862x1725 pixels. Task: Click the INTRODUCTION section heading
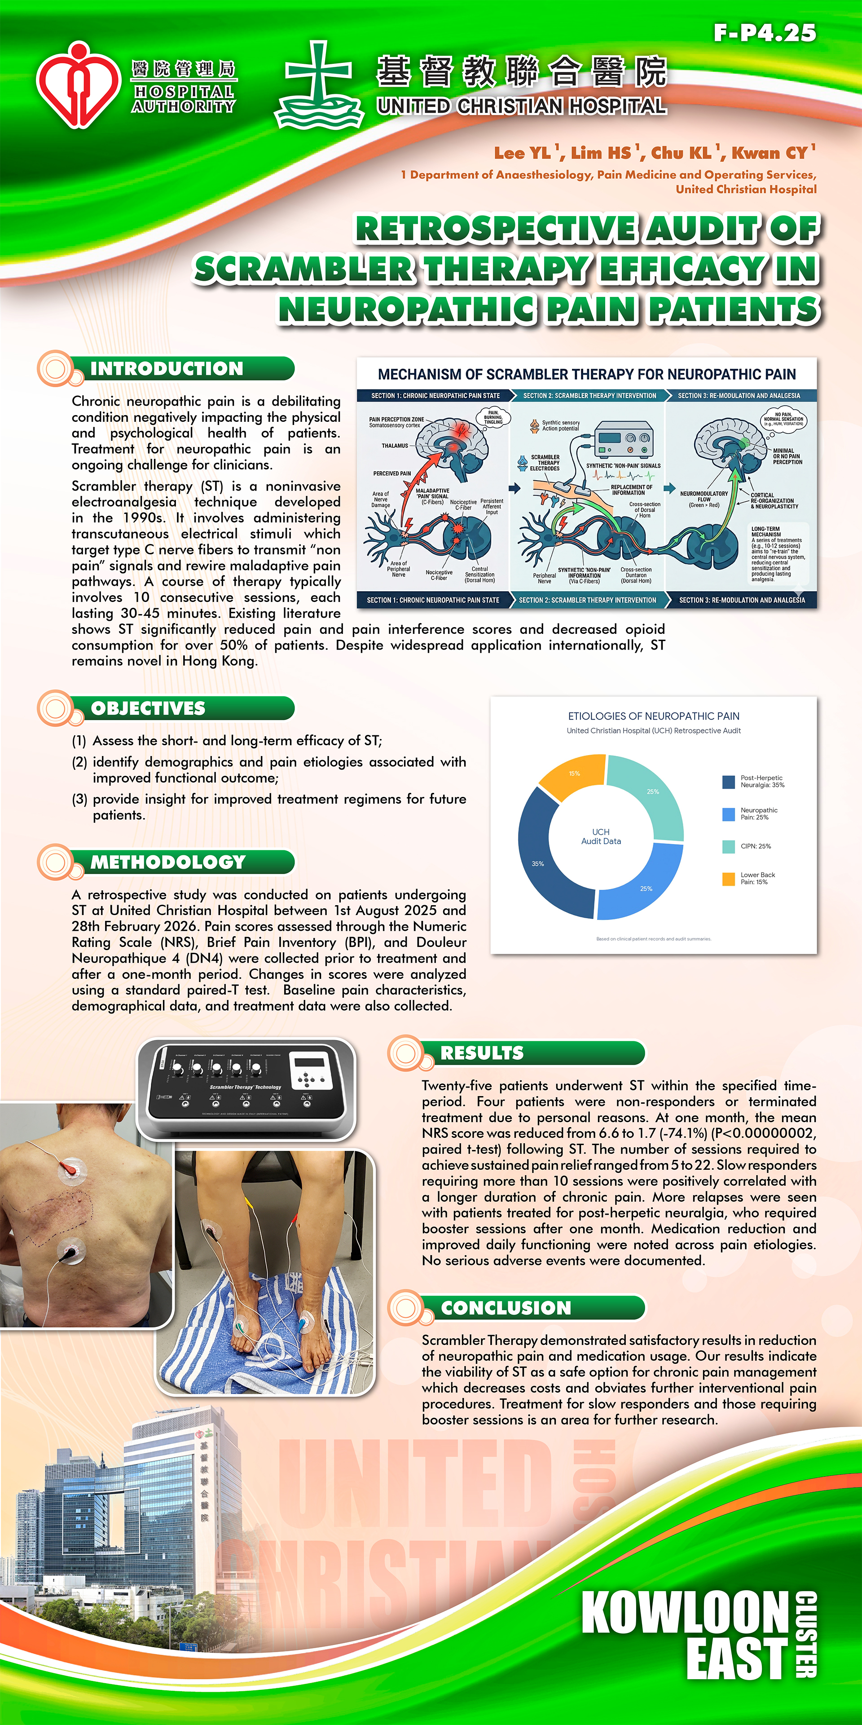coord(167,369)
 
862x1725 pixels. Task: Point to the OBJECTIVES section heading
coord(148,708)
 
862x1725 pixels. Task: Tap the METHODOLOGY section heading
coord(168,862)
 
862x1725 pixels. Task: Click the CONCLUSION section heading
coord(506,1308)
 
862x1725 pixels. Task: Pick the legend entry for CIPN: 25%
coord(755,846)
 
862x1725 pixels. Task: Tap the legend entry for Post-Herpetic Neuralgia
coord(761,782)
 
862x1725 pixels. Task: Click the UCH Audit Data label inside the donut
coord(601,836)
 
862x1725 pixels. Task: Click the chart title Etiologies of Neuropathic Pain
coord(653,716)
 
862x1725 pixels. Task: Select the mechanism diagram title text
coord(587,374)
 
